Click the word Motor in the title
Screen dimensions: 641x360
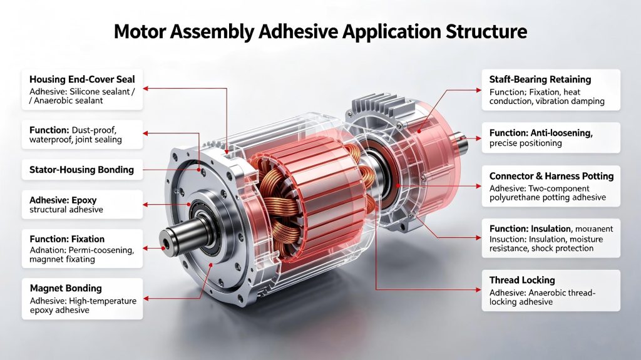click(140, 31)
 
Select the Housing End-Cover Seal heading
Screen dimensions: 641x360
click(82, 80)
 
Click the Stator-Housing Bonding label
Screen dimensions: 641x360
click(82, 170)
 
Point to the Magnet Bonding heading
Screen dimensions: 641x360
click(66, 289)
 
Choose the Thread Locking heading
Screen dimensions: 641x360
click(522, 280)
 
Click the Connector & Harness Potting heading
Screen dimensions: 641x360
click(551, 176)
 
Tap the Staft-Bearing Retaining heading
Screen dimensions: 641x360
click(540, 80)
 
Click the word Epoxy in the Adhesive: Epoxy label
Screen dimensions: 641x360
click(85, 200)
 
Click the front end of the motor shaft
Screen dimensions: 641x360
click(165, 240)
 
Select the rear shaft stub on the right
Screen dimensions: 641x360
click(464, 140)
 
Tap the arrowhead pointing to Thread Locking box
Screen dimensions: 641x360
click(479, 290)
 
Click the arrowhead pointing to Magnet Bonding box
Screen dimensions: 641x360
click(146, 299)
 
